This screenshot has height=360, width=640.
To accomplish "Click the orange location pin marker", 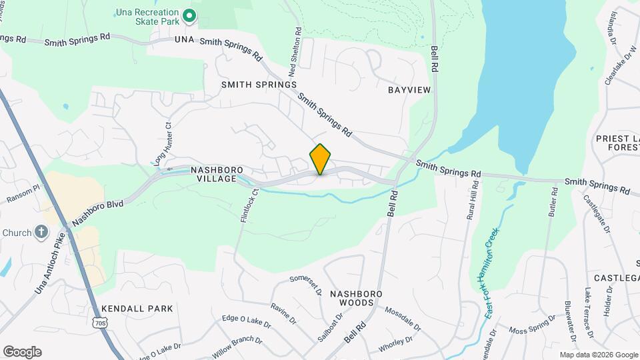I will tap(320, 159).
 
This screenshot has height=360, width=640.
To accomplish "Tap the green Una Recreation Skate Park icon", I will tap(189, 15).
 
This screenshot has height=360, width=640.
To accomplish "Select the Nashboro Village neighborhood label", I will tap(213, 175).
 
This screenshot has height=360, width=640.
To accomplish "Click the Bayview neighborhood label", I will tap(409, 89).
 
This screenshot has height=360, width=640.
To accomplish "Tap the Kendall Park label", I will tap(137, 309).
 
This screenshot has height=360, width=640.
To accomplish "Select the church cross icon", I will tap(41, 233).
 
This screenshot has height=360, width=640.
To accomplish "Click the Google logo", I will tap(22, 352).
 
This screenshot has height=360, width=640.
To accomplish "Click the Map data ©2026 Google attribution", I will tap(598, 355).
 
